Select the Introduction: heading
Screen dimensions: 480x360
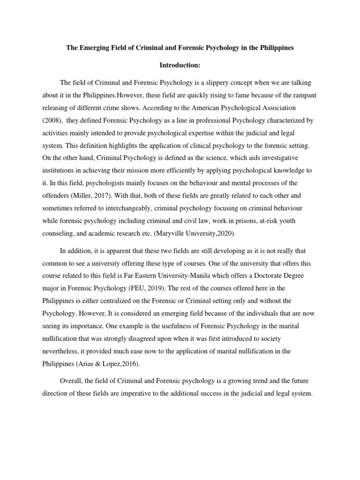pyautogui.click(x=180, y=66)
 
